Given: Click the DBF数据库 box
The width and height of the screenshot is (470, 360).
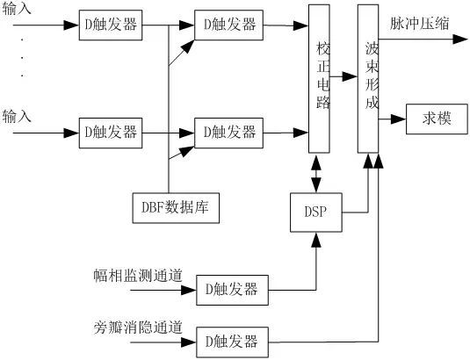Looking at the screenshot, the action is point(176,208).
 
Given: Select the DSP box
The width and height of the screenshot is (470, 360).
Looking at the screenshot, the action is point(316,212).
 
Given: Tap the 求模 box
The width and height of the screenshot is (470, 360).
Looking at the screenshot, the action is point(437,119).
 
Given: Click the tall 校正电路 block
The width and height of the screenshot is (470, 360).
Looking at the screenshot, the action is point(319,79).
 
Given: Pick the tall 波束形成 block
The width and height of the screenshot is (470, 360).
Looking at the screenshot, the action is point(368,79).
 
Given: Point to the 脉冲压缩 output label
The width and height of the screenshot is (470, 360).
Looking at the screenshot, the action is point(420,24).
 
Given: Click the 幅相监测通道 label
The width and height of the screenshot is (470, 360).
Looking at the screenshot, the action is point(138,275).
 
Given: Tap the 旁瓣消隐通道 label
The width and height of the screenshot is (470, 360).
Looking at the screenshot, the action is point(138,327).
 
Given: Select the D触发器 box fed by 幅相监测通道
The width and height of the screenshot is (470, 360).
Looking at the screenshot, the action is point(232,290).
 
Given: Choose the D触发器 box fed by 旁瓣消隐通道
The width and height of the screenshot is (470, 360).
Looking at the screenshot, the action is point(232,342).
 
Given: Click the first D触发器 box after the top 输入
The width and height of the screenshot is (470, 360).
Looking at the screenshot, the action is point(111,25).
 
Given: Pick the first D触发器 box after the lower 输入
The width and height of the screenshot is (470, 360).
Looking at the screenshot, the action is point(111,133).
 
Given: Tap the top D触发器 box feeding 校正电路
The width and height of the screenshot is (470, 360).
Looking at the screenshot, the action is point(229,25).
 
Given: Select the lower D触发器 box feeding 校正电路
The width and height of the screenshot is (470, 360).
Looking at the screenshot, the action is point(229,133).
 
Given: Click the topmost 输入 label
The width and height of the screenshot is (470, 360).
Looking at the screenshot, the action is point(17,8).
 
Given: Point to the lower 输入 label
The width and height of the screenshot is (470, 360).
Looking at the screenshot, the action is point(17,116).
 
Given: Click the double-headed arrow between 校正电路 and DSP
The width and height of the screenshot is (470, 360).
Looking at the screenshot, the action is point(316,173).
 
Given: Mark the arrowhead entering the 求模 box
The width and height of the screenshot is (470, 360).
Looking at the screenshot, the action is point(398,119).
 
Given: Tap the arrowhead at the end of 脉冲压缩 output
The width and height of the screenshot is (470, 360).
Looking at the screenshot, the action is point(460,40).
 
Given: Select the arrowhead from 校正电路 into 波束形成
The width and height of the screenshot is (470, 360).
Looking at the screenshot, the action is point(350,76).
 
